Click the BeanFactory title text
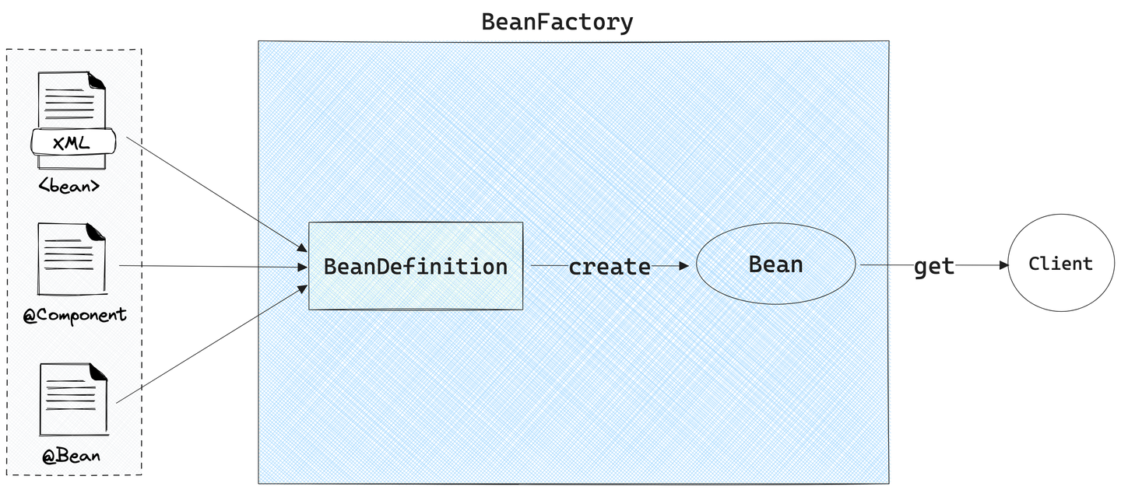557,22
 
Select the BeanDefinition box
416,266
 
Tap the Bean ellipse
775,264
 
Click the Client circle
1060,264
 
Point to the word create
610,267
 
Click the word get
933,267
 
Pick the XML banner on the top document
73,142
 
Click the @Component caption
75,315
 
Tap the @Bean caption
72,455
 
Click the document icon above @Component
72,259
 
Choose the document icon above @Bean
73,401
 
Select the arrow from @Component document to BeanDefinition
210,266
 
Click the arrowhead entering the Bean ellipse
684,265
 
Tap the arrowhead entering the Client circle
1003,265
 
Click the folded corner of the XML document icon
97,80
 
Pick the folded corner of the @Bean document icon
99,373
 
